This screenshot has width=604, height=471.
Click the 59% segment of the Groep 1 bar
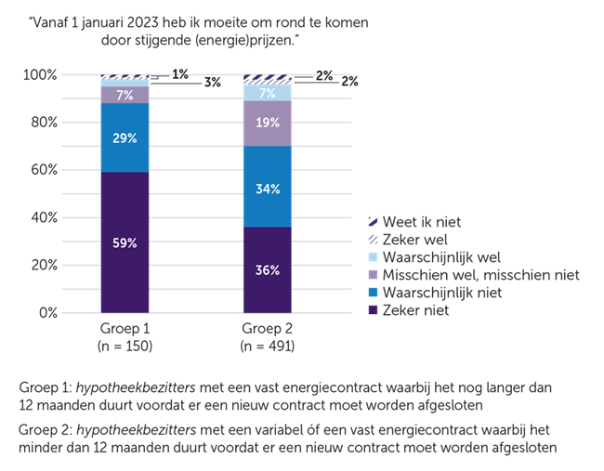point(125,242)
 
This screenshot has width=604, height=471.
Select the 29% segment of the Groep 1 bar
point(125,137)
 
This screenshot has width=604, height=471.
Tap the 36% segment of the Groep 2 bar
point(268,270)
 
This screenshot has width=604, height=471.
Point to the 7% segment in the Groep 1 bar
point(125,95)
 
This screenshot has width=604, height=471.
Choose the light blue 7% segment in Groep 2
point(268,92)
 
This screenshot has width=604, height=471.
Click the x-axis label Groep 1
point(125,332)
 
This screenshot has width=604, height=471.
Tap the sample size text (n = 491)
point(268,347)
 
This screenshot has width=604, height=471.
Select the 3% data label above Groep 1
point(213,82)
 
